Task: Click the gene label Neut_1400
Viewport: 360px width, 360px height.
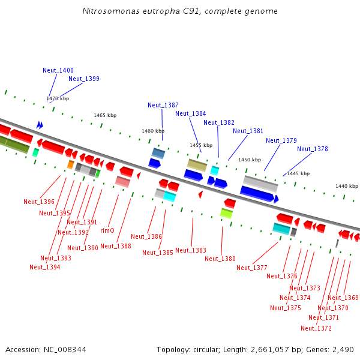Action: [x=58, y=70]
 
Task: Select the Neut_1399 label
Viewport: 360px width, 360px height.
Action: [x=84, y=79]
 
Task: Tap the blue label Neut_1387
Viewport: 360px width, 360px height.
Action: [x=163, y=105]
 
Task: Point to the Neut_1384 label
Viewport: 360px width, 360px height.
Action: [x=191, y=113]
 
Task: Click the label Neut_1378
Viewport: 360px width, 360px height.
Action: [x=313, y=149]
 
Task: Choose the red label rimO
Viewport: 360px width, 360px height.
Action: [x=107, y=230]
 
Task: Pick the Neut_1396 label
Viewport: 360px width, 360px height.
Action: [x=39, y=202]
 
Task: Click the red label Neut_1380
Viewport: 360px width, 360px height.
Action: [x=220, y=259]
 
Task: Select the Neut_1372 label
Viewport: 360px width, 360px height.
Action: [x=316, y=328]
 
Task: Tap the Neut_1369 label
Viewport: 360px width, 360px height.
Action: [x=343, y=298]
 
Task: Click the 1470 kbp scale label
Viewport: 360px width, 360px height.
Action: [x=58, y=98]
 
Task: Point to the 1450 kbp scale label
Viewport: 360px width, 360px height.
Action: [x=250, y=160]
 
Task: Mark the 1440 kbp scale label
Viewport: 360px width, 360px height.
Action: [x=347, y=186]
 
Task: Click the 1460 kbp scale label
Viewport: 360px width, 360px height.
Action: [x=153, y=130]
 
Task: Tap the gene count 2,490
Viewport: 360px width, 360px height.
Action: [x=343, y=349]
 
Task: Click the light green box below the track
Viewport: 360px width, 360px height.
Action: [x=226, y=213]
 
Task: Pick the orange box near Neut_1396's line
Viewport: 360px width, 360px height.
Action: [x=70, y=164]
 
